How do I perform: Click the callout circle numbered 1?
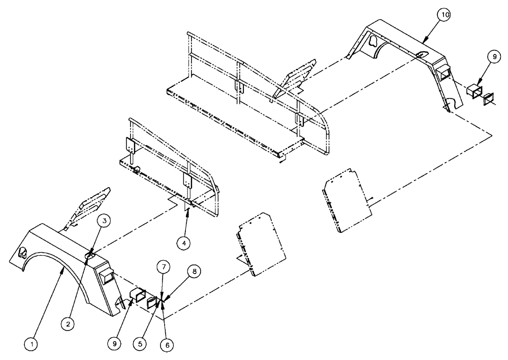pos(31,344)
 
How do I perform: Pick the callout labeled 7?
pos(163,266)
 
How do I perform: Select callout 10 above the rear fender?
pos(444,15)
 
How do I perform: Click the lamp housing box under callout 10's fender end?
pos(476,94)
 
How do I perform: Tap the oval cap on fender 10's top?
pos(421,55)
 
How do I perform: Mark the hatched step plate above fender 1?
pos(91,210)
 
